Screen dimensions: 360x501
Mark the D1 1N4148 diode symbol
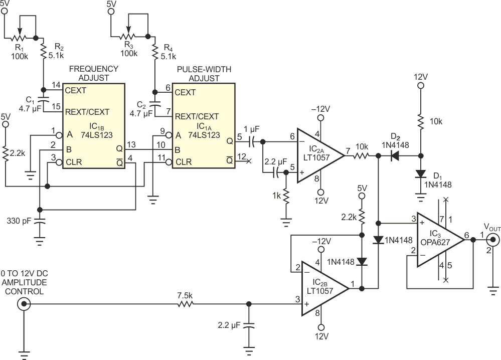coord(420,174)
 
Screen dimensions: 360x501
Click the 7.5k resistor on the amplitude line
coord(186,304)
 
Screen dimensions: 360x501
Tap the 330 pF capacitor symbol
coord(40,220)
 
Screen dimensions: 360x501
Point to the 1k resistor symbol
coord(286,196)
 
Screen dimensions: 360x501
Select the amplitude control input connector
coord(22,304)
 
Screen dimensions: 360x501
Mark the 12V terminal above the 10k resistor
coord(420,86)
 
